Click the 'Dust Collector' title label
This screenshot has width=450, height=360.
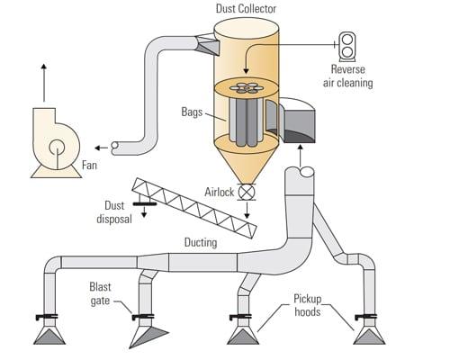pyautogui.click(x=246, y=8)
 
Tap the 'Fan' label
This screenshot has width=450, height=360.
pyautogui.click(x=89, y=165)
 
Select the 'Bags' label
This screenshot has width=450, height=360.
pyautogui.click(x=192, y=112)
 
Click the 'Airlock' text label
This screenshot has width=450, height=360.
pyautogui.click(x=219, y=192)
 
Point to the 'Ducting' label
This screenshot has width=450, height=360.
pyautogui.click(x=201, y=242)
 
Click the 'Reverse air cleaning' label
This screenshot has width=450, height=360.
pyautogui.click(x=348, y=76)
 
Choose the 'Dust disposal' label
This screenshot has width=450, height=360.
pyautogui.click(x=114, y=212)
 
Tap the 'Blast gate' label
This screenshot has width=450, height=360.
pyautogui.click(x=100, y=293)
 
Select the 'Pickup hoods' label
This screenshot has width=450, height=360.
pyautogui.click(x=308, y=305)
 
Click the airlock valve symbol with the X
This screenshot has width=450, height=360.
pyautogui.click(x=247, y=193)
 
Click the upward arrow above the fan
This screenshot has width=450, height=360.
pyautogui.click(x=44, y=83)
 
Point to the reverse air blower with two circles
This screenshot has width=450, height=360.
pyautogui.click(x=347, y=45)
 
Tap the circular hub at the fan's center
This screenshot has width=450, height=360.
pyautogui.click(x=57, y=148)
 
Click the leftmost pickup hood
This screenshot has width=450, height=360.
pyautogui.click(x=49, y=336)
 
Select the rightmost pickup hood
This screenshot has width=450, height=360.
pyautogui.click(x=369, y=336)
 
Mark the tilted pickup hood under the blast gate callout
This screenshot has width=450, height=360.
pyautogui.click(x=147, y=337)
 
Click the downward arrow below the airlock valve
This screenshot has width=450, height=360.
pyautogui.click(x=247, y=211)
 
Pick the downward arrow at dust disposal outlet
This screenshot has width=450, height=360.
pyautogui.click(x=144, y=211)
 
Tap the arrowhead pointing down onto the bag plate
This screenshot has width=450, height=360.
pyautogui.click(x=246, y=71)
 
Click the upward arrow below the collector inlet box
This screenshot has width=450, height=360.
pyautogui.click(x=300, y=156)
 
